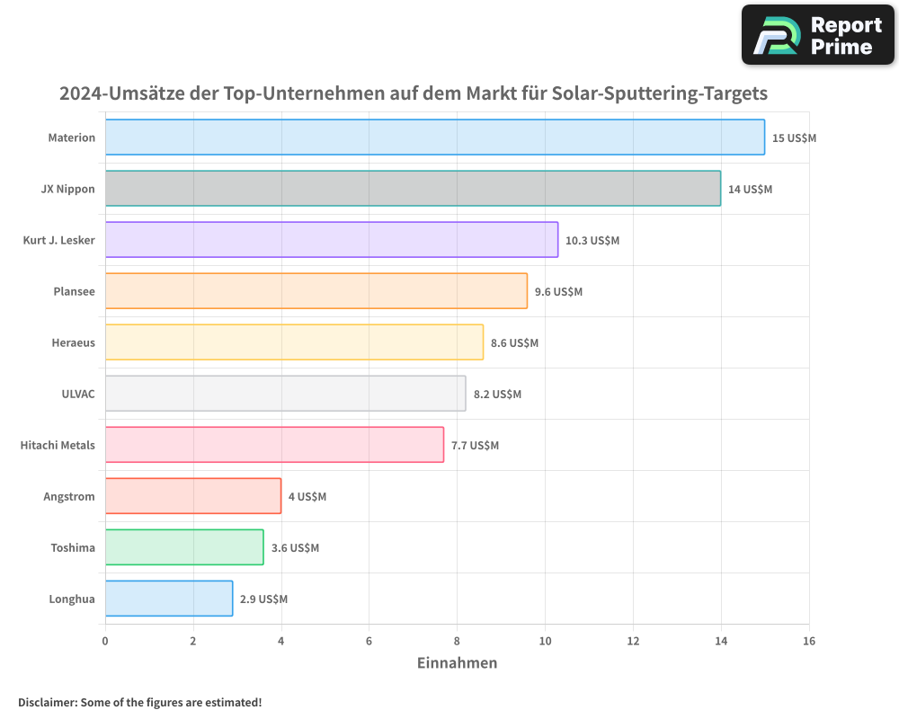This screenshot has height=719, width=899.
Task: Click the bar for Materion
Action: [x=434, y=138]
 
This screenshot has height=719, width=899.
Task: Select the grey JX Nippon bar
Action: [x=413, y=189]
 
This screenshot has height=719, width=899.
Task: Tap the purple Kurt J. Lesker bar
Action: [x=331, y=240]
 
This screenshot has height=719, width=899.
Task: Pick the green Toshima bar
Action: [x=184, y=547]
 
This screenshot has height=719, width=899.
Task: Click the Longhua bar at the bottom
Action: [x=168, y=599]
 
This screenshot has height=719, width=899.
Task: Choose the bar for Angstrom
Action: [x=192, y=496]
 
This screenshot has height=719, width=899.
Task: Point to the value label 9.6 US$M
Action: [x=558, y=292]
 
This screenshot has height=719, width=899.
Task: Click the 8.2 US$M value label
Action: [x=497, y=395]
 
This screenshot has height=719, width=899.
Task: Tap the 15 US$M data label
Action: [x=794, y=138]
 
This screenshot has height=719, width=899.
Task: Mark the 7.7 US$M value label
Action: [x=475, y=446]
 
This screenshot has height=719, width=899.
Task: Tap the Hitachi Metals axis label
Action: [x=58, y=445]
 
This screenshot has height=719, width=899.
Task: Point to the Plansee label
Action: [x=75, y=291]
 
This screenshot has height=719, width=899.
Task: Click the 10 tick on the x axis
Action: [x=545, y=641]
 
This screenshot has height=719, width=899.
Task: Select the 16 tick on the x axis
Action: [x=809, y=641]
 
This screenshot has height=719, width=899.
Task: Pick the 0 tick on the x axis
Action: [x=105, y=641]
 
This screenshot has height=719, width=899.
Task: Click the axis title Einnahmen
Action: [x=457, y=663]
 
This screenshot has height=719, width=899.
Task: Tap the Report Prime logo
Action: [x=818, y=35]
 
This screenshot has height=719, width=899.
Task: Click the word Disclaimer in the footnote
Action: [x=46, y=702]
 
